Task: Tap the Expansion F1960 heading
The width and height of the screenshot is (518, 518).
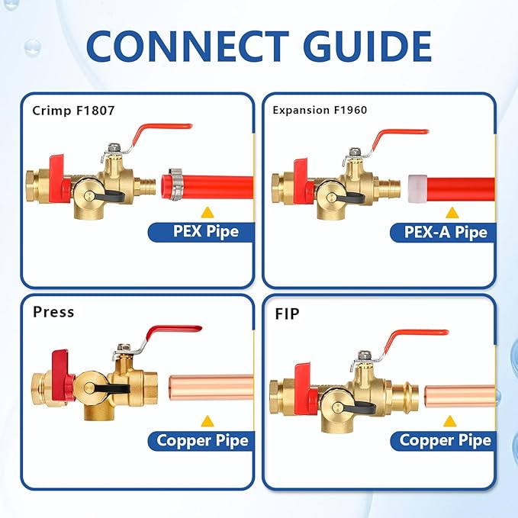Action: (320, 110)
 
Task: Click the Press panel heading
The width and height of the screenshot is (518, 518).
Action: (53, 311)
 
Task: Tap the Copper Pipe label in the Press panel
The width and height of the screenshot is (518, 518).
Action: (202, 440)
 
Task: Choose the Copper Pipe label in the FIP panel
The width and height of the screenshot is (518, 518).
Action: (444, 440)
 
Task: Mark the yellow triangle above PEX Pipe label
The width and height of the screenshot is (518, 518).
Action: (206, 211)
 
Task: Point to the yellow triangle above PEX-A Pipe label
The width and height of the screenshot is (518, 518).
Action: (452, 212)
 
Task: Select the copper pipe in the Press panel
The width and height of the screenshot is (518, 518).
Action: (210, 387)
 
